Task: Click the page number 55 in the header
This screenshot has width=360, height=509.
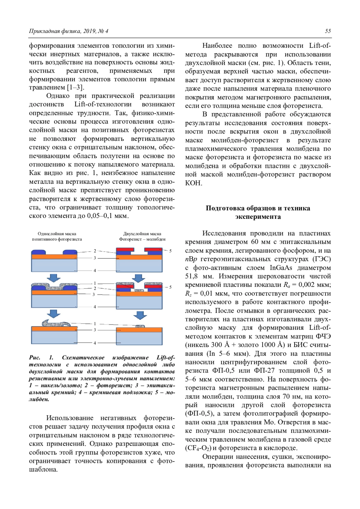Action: [328, 31]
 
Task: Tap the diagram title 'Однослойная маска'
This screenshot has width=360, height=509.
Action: [57, 234]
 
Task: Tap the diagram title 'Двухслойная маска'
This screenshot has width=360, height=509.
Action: [142, 234]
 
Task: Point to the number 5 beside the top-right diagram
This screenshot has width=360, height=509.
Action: [170, 251]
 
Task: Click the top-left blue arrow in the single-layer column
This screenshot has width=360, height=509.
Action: [54, 278]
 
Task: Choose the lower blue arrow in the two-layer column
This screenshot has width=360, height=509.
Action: [140, 315]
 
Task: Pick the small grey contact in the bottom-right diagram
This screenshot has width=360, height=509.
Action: [140, 326]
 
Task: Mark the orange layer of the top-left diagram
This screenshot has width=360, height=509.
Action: [54, 257]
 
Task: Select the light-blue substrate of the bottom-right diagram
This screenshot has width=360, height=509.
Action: [139, 338]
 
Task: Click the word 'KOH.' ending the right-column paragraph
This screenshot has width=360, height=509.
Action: [193, 183]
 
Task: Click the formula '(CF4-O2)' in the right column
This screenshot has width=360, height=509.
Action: [198, 448]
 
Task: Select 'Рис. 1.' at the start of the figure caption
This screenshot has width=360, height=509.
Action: [41, 358]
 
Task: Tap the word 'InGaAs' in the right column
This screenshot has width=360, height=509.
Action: [281, 268]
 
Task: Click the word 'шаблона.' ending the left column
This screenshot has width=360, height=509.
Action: [43, 470]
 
